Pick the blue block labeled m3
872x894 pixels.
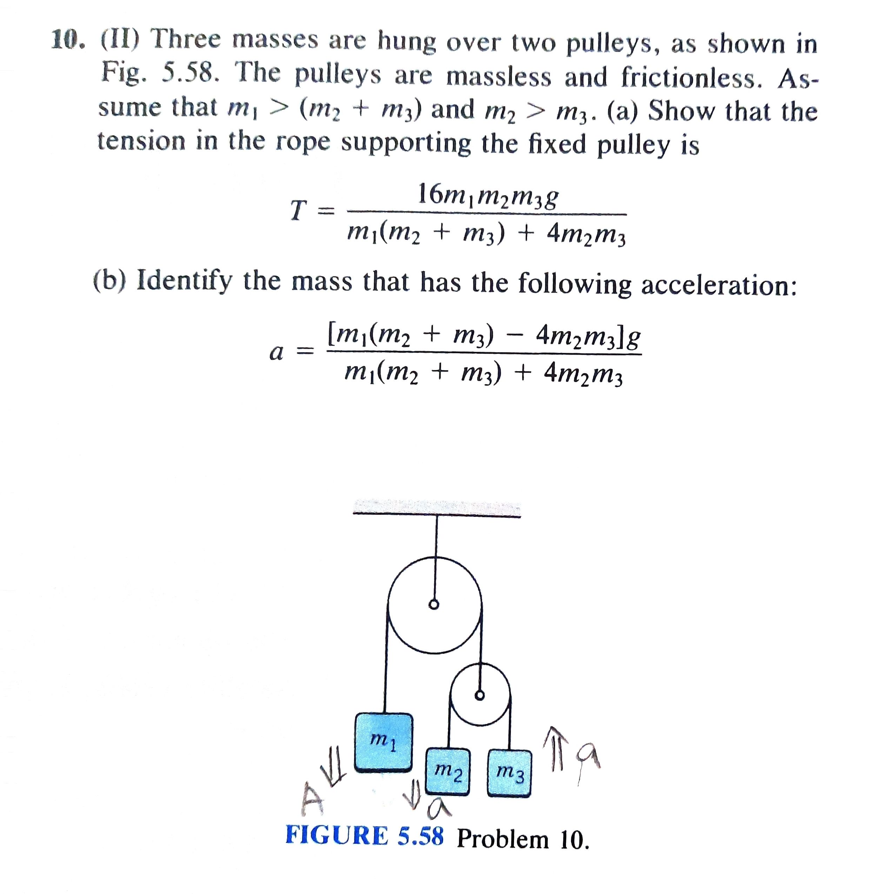click(509, 773)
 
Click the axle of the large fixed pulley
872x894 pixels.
click(434, 605)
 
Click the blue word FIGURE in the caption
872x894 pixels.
click(337, 835)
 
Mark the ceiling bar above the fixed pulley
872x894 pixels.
click(437, 510)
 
